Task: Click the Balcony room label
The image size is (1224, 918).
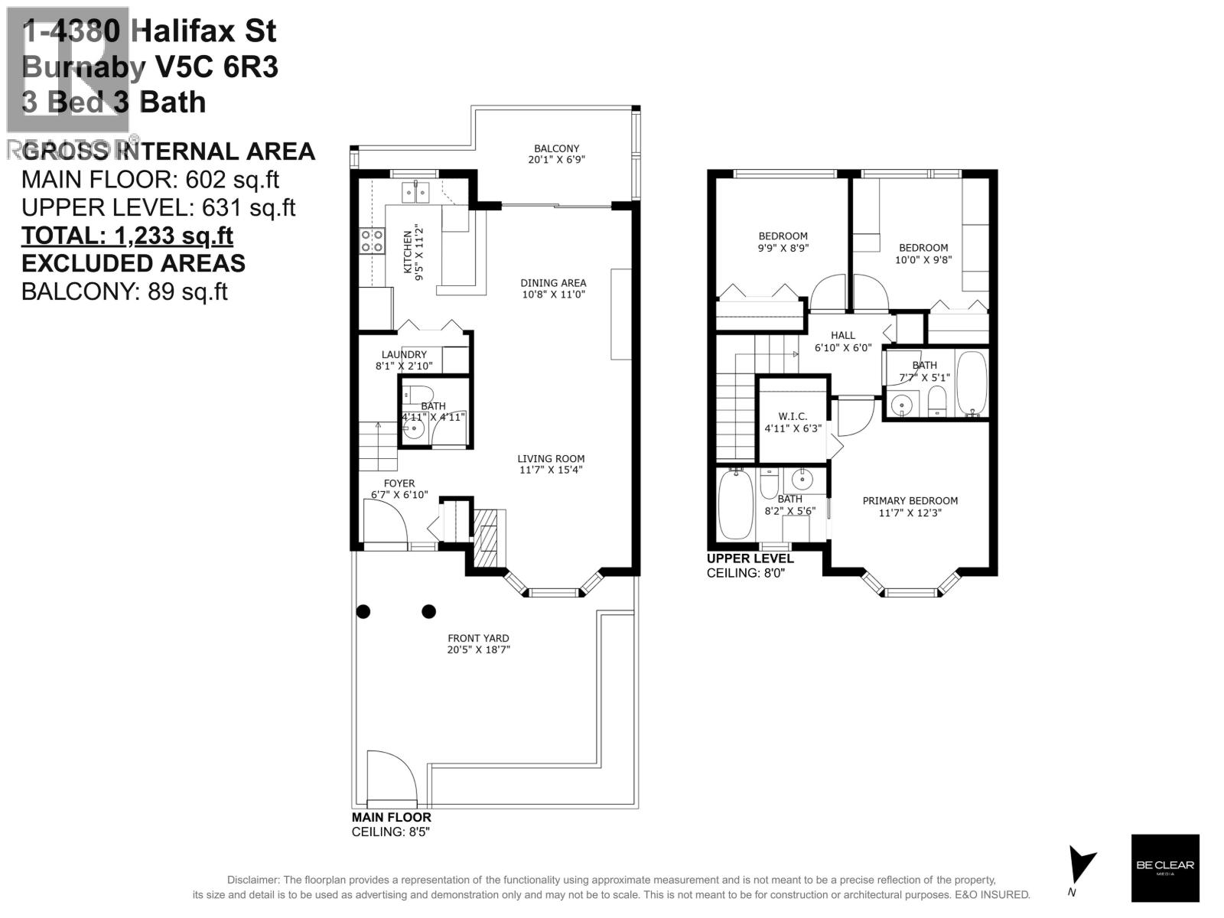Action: point(556,148)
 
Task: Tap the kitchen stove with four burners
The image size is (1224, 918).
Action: point(373,241)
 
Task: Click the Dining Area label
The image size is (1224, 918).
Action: point(553,283)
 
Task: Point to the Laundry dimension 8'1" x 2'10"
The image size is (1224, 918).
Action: point(404,366)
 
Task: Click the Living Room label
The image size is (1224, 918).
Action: point(551,459)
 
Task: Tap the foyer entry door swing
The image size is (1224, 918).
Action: point(384,522)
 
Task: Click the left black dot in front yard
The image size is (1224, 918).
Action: point(363,611)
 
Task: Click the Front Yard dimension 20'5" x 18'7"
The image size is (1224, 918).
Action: point(479,649)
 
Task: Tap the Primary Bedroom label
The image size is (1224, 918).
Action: point(910,501)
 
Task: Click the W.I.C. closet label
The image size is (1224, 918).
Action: point(793,416)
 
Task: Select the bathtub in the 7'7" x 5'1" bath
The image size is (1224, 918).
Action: point(972,383)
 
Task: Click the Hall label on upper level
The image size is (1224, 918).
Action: point(842,335)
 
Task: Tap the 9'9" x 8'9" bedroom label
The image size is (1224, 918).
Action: point(783,236)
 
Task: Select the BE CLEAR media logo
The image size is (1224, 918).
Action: point(1164,868)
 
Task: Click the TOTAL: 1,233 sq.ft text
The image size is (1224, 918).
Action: point(127,236)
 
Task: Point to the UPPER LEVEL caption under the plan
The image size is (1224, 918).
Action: point(750,558)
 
